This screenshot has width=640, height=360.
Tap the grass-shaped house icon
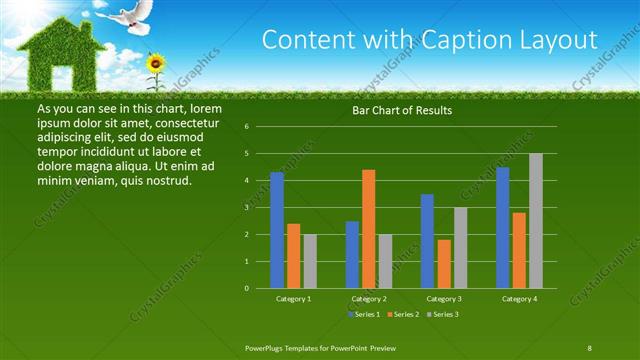click(x=57, y=56)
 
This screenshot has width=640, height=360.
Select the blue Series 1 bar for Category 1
click(x=277, y=230)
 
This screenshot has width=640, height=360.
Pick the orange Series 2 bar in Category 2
click(x=369, y=228)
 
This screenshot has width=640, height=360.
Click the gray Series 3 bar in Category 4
click(x=536, y=220)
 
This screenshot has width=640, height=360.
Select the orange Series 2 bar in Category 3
click(x=444, y=263)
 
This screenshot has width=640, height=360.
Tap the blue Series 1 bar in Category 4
click(x=503, y=227)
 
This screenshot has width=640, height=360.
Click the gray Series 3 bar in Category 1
click(x=310, y=261)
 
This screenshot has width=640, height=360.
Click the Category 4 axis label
click(x=519, y=298)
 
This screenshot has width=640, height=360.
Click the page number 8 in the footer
click(x=589, y=346)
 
